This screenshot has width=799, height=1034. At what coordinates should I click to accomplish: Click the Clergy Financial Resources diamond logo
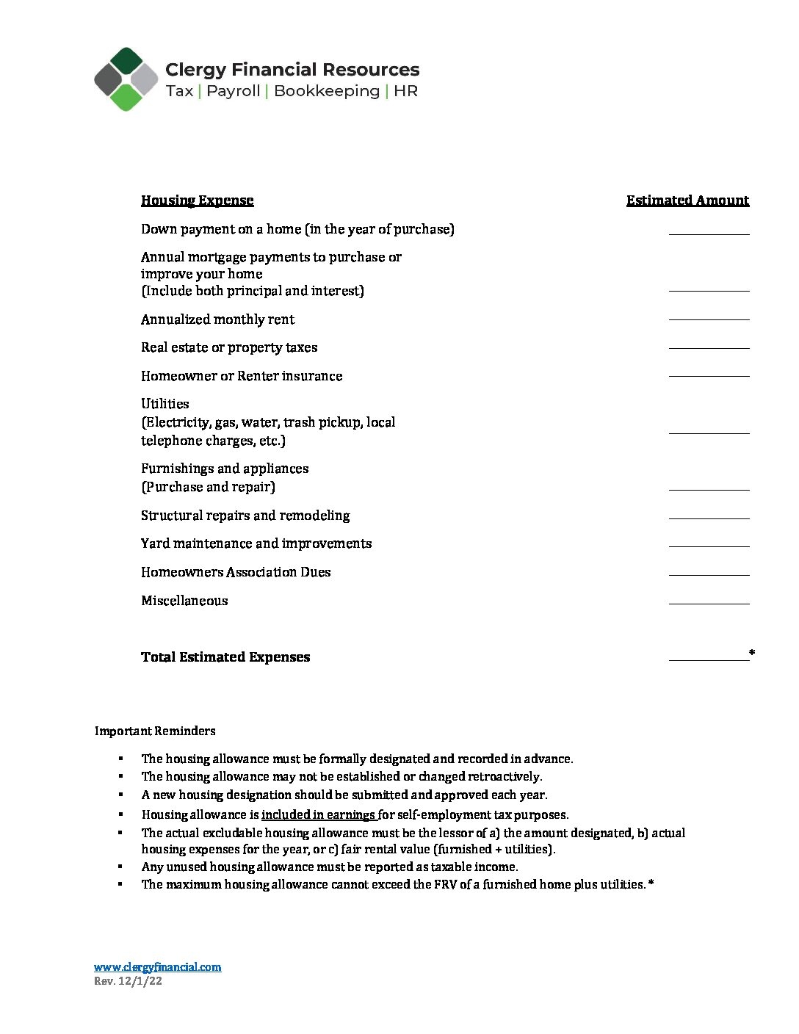coord(126,79)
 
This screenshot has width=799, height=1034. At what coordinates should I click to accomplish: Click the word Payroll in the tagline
coord(234,91)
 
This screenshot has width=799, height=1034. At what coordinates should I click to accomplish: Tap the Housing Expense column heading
coord(197,200)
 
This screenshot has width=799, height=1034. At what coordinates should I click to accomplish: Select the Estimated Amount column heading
coord(687,200)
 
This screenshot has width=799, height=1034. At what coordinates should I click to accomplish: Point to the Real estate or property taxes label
coord(229,347)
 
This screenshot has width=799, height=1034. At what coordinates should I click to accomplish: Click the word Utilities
coord(165,404)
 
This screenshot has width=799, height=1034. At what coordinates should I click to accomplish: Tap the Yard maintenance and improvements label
coord(256,543)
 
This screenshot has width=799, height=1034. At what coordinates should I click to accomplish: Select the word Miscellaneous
coord(184,601)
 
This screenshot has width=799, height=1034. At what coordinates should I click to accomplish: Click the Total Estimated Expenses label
coord(225,657)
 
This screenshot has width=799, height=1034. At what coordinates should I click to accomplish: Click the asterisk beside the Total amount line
coord(752,653)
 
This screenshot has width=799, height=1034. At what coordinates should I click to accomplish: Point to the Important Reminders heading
coord(155,731)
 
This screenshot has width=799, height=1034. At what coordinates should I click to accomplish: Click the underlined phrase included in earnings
coord(319,814)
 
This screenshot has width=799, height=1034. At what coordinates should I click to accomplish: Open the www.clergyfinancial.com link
coord(157,966)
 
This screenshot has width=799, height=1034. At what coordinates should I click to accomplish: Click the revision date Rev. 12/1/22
coord(128,981)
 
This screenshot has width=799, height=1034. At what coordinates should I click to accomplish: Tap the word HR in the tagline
coord(405,91)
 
